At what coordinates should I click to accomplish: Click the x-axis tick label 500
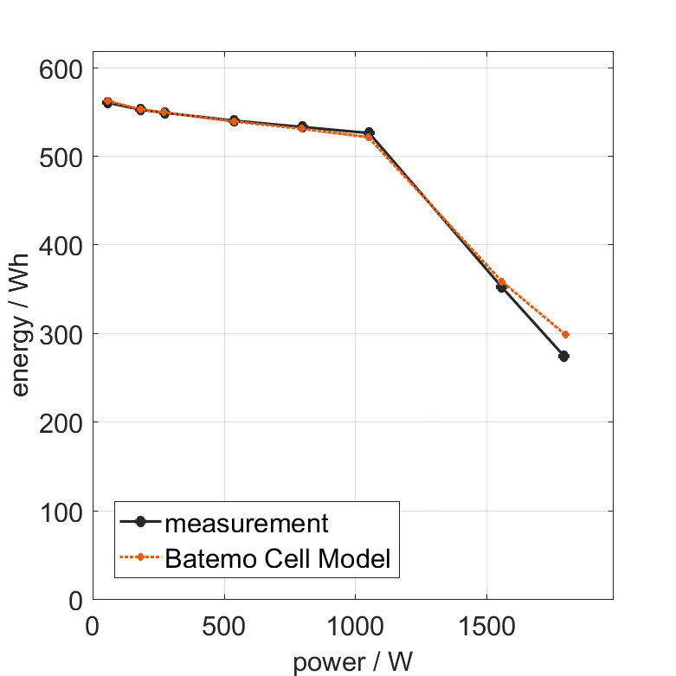224,625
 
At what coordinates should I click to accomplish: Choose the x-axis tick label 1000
354,625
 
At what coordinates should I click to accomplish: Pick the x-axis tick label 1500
485,625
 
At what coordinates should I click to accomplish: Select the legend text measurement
247,524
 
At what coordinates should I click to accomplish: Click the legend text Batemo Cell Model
278,558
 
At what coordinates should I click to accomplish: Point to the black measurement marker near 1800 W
563,356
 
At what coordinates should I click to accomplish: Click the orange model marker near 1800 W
566,334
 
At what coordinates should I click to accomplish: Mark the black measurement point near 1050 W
369,132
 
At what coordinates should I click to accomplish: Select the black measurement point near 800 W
302,126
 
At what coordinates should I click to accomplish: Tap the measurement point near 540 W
234,120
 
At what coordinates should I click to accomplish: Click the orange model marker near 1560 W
502,282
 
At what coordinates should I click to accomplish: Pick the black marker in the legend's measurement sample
141,524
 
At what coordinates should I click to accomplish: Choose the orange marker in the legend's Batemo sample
141,558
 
